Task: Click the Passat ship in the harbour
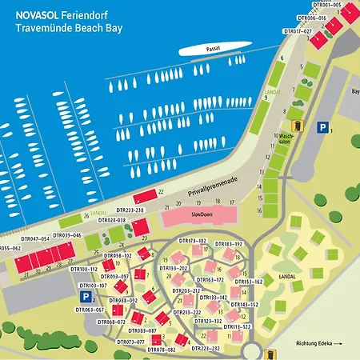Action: pos(213,50)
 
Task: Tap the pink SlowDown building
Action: pos(197,215)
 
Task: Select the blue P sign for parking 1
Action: pos(322,127)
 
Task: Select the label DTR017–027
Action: pos(298,31)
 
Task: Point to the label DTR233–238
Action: pos(127,210)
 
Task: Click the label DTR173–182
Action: pos(192,241)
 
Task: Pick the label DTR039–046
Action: pos(66,235)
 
